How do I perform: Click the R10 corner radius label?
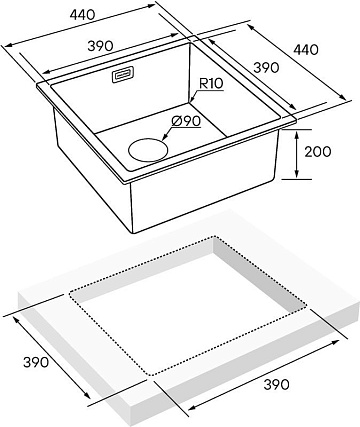click(211, 83)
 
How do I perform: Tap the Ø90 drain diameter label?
click(186, 121)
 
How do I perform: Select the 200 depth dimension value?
click(318, 152)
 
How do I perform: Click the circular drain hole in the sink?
click(148, 150)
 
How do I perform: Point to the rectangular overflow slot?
click(123, 74)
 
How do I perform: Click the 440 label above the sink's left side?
click(83, 14)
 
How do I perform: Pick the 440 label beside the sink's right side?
click(306, 49)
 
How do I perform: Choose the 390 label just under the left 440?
click(100, 46)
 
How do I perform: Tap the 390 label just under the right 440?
click(266, 68)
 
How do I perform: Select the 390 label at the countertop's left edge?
click(36, 362)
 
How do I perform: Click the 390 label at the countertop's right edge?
click(276, 384)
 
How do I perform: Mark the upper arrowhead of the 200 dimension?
click(297, 135)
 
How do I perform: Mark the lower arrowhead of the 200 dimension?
click(297, 173)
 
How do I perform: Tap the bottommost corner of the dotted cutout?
click(152, 375)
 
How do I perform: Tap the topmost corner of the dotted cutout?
click(214, 237)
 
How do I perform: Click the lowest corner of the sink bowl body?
click(134, 232)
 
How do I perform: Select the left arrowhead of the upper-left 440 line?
click(7, 45)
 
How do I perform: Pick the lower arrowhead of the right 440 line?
click(342, 96)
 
